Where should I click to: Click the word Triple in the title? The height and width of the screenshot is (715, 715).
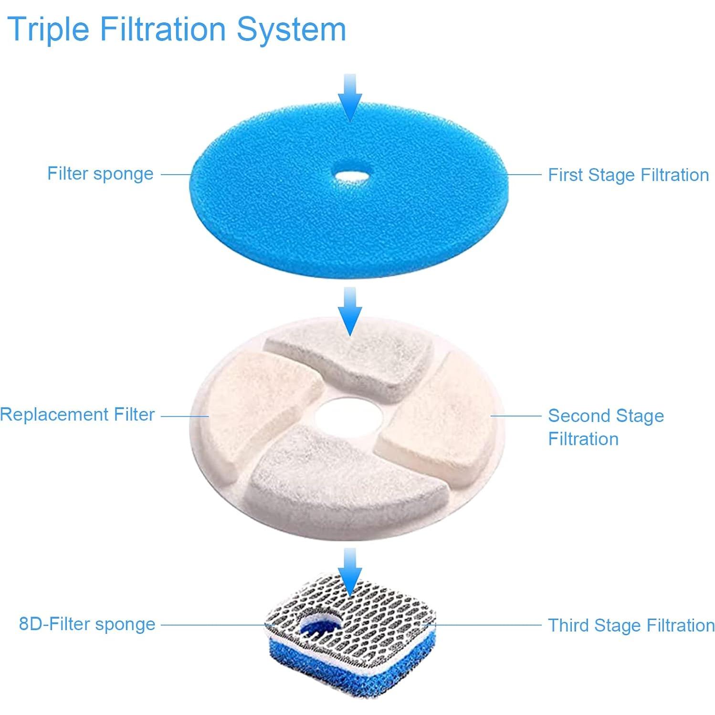click(x=48, y=30)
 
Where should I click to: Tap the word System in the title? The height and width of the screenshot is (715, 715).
click(x=291, y=30)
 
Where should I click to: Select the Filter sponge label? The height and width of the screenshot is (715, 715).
click(x=100, y=174)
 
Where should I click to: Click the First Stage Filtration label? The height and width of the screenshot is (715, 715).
click(x=628, y=175)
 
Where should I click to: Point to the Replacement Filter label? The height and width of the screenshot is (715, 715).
click(x=77, y=414)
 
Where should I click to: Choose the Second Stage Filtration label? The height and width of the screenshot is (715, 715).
click(x=605, y=427)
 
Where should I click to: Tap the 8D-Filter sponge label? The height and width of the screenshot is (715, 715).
click(x=87, y=624)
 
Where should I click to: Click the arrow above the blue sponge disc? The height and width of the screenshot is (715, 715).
click(x=350, y=98)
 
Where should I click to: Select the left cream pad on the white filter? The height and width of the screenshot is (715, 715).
click(x=260, y=401)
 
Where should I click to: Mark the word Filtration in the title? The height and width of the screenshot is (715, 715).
click(x=162, y=30)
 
